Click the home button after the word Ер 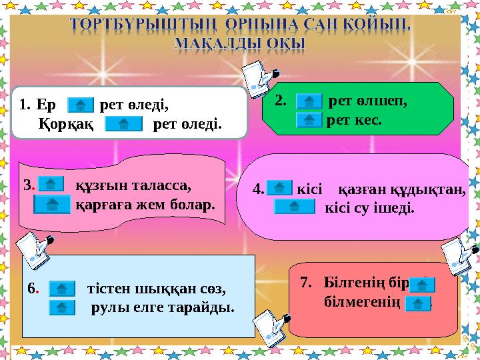81,105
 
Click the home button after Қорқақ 125,124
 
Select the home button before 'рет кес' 308,120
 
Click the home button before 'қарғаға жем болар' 52,203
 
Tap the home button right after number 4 279,189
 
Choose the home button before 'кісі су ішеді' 295,207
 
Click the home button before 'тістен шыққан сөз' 62,289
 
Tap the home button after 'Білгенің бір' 423,285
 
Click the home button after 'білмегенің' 418,305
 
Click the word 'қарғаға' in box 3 100,203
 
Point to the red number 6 32,289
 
